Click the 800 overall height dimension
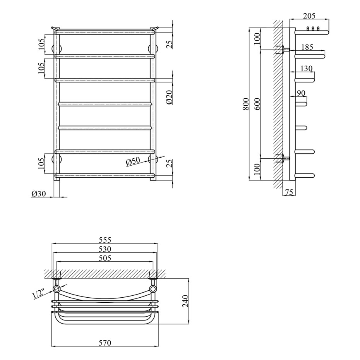point(246,104)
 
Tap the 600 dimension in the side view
point(257,104)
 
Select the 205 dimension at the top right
point(309,16)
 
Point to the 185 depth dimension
point(307,47)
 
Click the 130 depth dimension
point(306,69)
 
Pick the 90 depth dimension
point(301,93)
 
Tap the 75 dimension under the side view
point(289,192)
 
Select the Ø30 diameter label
point(39,194)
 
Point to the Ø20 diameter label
point(169,97)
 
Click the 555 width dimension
point(105,240)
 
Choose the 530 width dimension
point(105,249)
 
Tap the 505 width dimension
point(105,258)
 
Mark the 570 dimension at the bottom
point(105,343)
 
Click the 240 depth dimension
point(185,301)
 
